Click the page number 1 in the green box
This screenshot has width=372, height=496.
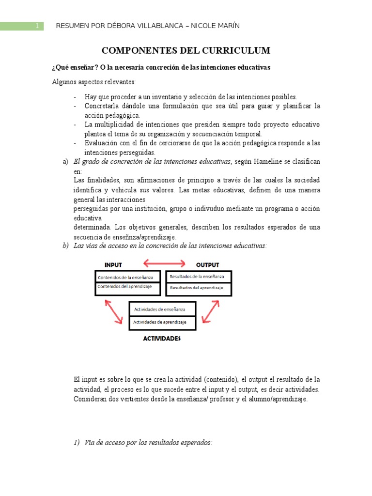click(36, 26)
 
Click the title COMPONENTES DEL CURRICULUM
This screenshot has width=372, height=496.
click(186, 51)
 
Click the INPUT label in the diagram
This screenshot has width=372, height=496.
click(113, 265)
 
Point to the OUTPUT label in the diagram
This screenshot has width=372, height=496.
click(207, 265)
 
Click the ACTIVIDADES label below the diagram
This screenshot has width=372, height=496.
click(162, 339)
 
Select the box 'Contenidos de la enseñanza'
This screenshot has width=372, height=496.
click(129, 277)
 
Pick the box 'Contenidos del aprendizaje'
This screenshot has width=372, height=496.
click(129, 287)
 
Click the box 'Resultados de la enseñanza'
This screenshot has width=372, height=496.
click(199, 277)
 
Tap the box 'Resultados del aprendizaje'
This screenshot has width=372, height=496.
click(199, 288)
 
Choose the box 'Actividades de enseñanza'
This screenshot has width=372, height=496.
click(162, 309)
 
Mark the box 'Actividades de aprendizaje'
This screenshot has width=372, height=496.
click(162, 322)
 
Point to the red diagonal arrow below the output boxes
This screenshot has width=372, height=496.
click(212, 311)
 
